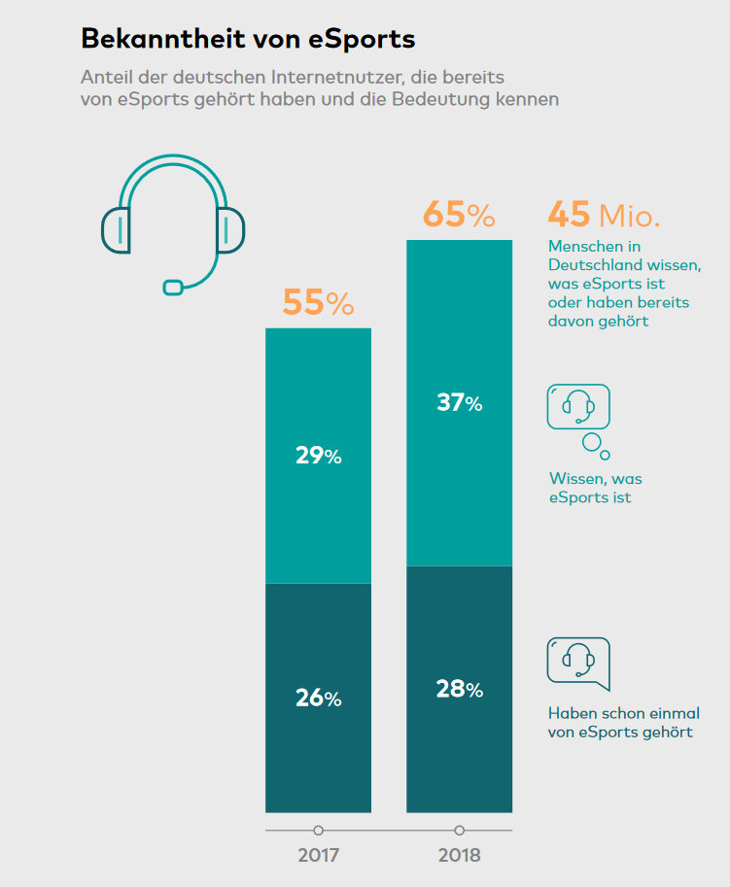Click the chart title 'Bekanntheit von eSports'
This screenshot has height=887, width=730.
248,38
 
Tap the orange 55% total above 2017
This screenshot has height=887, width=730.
318,303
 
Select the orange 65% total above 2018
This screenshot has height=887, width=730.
459,215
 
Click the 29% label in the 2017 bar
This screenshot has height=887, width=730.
318,456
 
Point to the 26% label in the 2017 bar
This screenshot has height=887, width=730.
318,698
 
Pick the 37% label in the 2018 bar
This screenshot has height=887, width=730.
459,402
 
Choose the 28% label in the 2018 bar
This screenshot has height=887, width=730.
459,689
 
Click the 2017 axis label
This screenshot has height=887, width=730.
318,856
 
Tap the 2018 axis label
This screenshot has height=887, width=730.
459,856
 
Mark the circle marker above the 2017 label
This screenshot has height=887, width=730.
318,831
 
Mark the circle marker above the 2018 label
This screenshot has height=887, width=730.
459,831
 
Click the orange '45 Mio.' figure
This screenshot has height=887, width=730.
604,215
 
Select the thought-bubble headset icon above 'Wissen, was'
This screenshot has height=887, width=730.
578,406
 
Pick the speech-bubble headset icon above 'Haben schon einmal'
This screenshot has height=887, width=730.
578,661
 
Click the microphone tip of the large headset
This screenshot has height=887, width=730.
173,287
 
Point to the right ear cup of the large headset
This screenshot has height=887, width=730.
229,229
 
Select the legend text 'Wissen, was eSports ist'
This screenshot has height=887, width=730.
595,488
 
